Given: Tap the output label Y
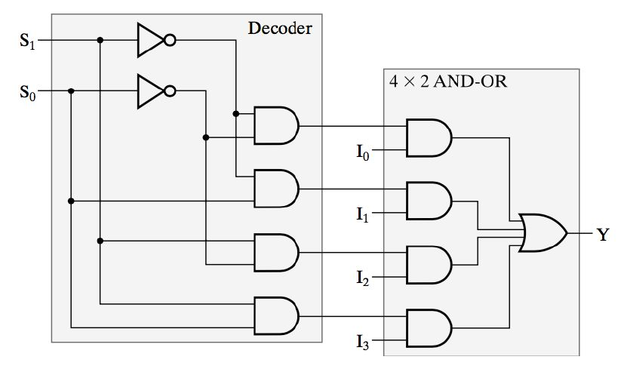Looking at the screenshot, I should pos(602,235).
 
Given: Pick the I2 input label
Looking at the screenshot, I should pos(364,278).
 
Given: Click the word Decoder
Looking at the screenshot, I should pos(280,29).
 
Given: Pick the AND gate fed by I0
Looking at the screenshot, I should pos(428,137).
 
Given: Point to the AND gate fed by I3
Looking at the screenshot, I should pos(428,327).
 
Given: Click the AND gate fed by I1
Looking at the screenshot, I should pos(428,201).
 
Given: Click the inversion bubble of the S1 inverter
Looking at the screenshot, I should pos(171,41).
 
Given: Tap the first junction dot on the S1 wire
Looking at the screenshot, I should pos(100,41).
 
